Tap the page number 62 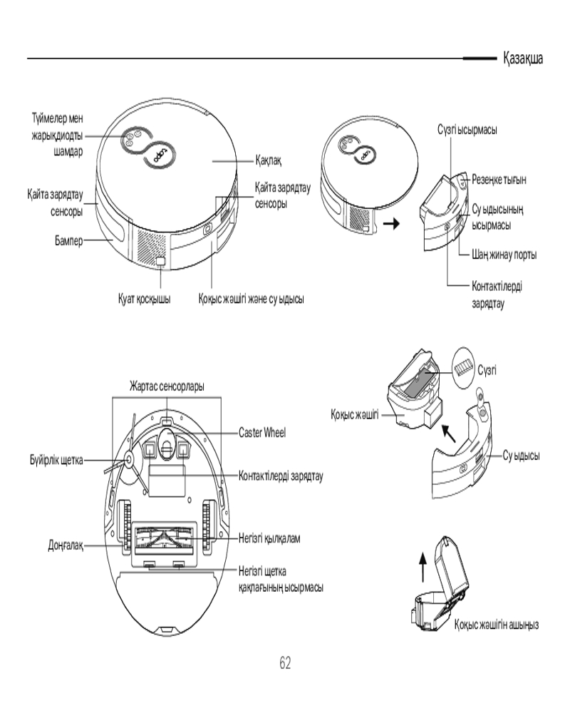(285, 663)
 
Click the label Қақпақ (269, 162)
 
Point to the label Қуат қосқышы (144, 300)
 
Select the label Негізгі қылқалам (269, 538)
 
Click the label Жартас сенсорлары (167, 386)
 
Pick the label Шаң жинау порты (504, 255)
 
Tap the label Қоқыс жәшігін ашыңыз (497, 625)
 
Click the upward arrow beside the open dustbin (422, 570)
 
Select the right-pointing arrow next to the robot (391, 223)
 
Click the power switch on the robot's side (161, 263)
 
